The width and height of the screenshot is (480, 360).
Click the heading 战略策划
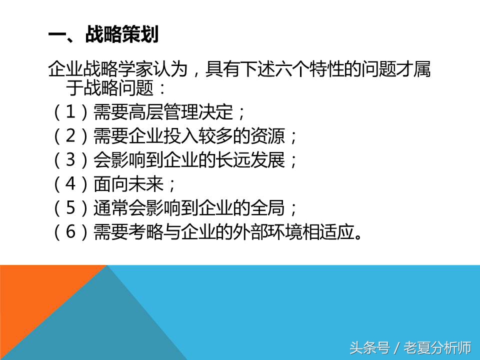click(121, 35)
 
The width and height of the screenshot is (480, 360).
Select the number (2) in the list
click(70, 136)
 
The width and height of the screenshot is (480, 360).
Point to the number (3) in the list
click(70, 160)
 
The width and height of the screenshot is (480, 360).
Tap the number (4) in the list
click(70, 184)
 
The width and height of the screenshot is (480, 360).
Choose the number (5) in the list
click(70, 208)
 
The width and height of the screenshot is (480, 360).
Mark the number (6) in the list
click(70, 232)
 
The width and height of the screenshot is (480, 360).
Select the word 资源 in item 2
click(271, 136)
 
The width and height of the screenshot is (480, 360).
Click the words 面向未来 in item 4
click(128, 184)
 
